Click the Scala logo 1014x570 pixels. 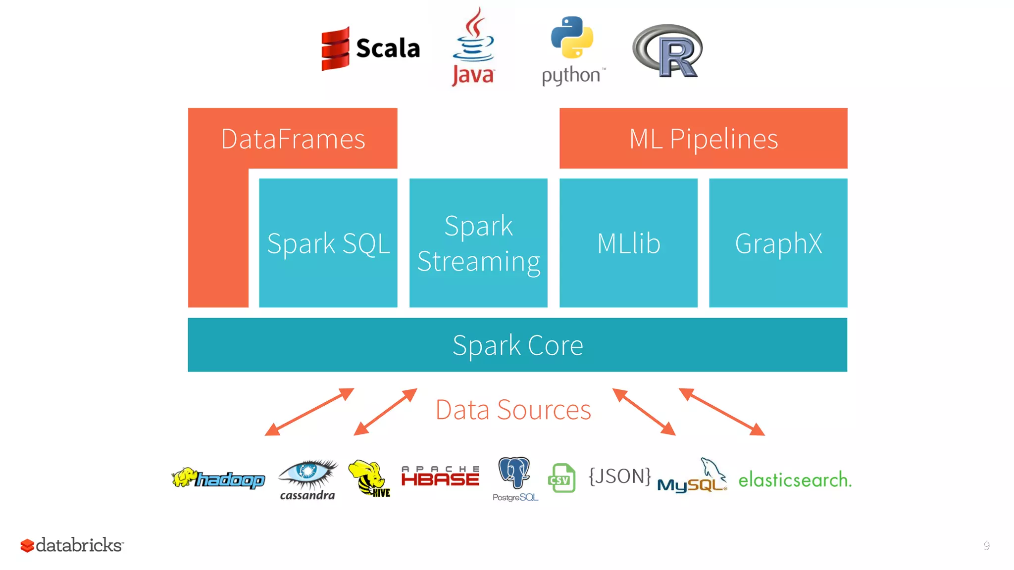pyautogui.click(x=370, y=48)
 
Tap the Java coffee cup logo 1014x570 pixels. pyautogui.click(x=473, y=47)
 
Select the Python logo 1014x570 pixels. pyautogui.click(x=572, y=49)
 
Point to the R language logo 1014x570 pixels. pyautogui.click(x=667, y=51)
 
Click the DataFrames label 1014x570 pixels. pyautogui.click(x=293, y=139)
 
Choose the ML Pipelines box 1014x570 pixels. pyautogui.click(x=703, y=139)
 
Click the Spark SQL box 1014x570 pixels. pyautogui.click(x=328, y=243)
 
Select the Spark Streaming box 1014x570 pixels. pyautogui.click(x=478, y=243)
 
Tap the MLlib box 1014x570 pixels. pyautogui.click(x=628, y=243)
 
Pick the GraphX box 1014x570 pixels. pyautogui.click(x=778, y=243)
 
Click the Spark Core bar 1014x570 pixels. pyautogui.click(x=517, y=345)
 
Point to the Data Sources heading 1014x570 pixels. pyautogui.click(x=513, y=410)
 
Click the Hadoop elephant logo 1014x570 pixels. pyautogui.click(x=218, y=478)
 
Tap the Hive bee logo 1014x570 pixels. pyautogui.click(x=369, y=478)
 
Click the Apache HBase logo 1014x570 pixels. pyautogui.click(x=440, y=476)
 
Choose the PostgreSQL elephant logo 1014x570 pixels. pyautogui.click(x=515, y=478)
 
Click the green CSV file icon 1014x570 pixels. pyautogui.click(x=562, y=478)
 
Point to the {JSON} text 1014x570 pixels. pyautogui.click(x=619, y=476)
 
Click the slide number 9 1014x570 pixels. pyautogui.click(x=986, y=546)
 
